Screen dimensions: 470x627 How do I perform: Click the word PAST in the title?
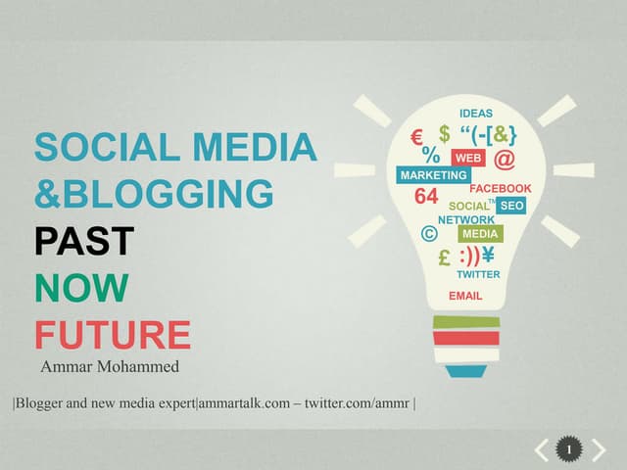tap(84, 241)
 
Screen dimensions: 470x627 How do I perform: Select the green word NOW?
tap(81, 288)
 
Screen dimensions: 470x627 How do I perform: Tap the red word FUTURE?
tap(113, 334)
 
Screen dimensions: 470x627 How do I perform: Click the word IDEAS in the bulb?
tap(476, 114)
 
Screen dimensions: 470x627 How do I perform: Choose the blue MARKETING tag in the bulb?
tap(433, 175)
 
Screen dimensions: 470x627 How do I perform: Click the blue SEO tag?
tap(510, 206)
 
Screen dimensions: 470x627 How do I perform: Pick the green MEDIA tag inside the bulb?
tap(480, 234)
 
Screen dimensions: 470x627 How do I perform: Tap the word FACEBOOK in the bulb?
tap(501, 188)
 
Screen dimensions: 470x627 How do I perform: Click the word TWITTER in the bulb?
tap(478, 275)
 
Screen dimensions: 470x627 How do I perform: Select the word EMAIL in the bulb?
tap(465, 295)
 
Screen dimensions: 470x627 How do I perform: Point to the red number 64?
tap(426, 196)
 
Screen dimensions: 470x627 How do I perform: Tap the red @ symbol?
tap(505, 158)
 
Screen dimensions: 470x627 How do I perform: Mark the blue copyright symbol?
tap(427, 233)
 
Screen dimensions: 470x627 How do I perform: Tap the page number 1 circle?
tap(569, 449)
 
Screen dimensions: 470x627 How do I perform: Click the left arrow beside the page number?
tap(542, 450)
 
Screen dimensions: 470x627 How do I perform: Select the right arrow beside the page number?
tap(598, 450)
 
